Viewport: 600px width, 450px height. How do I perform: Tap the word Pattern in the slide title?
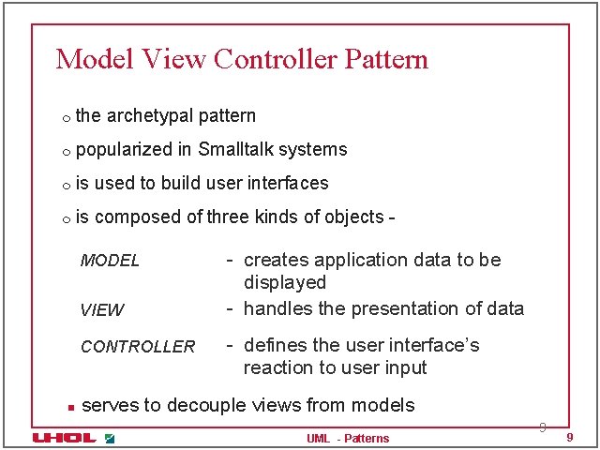click(386, 59)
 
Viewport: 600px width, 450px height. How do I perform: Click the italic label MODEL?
click(110, 261)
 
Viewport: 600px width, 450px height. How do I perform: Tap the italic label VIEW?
click(102, 310)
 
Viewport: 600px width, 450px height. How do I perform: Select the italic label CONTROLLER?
click(138, 347)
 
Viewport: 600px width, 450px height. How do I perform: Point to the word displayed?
click(285, 282)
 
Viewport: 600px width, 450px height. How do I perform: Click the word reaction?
click(277, 367)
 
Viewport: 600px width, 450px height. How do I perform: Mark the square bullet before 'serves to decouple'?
click(69, 407)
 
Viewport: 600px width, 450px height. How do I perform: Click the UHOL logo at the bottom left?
click(64, 438)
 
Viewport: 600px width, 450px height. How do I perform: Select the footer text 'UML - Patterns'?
click(348, 439)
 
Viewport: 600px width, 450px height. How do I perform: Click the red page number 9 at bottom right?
click(570, 439)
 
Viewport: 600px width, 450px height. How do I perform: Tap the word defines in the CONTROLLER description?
click(275, 345)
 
